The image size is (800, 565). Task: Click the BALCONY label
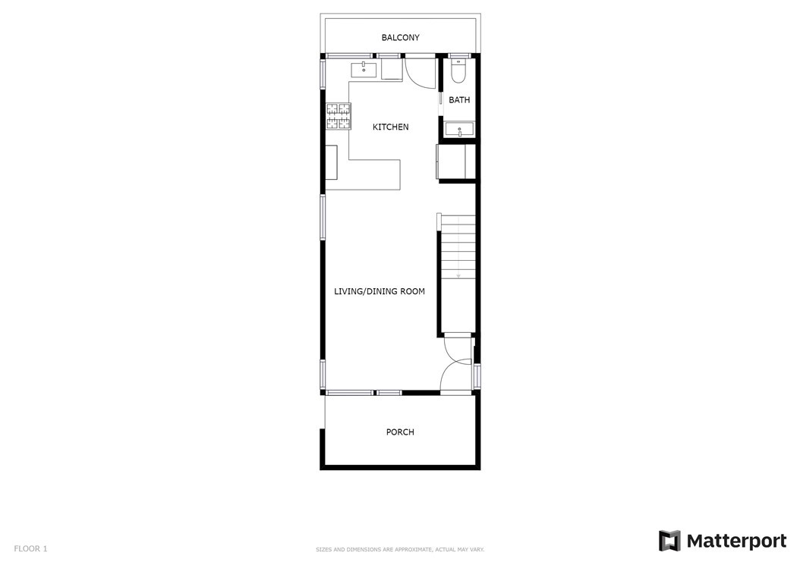point(401,38)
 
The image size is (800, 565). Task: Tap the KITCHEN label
point(390,127)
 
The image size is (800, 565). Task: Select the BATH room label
point(459,100)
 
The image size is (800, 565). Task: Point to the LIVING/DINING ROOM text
point(379,292)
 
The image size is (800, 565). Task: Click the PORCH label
point(400,432)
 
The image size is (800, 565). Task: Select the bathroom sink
point(459,130)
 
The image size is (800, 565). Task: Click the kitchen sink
point(364,69)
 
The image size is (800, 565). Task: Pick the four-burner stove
point(339,116)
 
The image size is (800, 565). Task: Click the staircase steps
point(458,246)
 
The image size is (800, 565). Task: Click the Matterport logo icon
point(669,541)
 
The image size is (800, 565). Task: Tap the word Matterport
point(737,541)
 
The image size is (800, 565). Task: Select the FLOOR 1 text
point(30,548)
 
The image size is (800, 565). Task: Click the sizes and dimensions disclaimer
point(400,550)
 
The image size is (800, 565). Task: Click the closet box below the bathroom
point(457,162)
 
